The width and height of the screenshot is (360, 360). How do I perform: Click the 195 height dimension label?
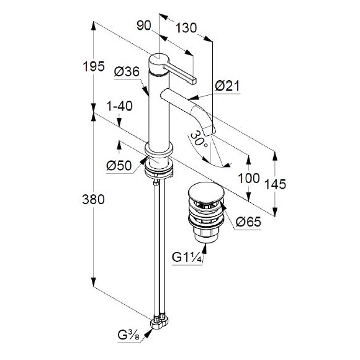tap(94, 67)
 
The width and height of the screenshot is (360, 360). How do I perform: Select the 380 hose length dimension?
tap(94, 199)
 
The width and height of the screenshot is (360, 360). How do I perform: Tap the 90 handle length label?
tap(144, 25)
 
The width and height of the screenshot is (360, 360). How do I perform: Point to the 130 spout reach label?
tap(186, 28)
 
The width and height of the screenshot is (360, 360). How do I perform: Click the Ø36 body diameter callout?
tap(127, 71)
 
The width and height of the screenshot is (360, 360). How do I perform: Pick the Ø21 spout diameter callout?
tap(227, 86)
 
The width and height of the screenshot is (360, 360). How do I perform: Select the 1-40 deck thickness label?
tap(120, 106)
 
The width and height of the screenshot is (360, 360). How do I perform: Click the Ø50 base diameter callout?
tap(119, 165)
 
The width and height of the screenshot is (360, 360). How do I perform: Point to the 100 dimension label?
tap(249, 178)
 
